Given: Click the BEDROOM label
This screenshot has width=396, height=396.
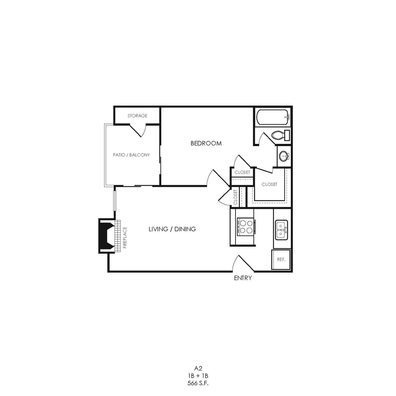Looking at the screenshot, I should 206,143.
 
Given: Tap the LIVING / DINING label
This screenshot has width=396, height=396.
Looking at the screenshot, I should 172,229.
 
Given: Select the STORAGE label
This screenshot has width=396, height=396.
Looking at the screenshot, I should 137,116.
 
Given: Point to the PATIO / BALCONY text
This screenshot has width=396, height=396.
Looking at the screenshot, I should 131,155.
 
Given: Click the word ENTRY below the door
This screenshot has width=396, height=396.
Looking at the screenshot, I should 243,278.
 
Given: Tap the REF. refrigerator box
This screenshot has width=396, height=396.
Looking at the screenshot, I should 281,259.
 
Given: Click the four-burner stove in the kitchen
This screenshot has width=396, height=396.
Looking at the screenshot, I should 246,227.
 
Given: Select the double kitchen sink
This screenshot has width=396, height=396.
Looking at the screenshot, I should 281,229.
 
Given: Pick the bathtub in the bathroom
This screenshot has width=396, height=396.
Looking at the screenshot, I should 273,116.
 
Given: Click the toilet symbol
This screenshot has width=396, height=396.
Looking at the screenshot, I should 280,135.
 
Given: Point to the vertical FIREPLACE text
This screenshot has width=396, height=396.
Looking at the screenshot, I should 125,237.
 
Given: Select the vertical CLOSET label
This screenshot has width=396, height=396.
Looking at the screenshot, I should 235,196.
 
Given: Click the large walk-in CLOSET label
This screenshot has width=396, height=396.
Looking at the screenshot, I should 269,184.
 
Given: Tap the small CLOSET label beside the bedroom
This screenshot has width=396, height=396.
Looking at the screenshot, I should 242,172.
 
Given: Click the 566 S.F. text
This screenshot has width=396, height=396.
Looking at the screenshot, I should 198,383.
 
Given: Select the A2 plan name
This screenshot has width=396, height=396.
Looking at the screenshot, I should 198,369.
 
